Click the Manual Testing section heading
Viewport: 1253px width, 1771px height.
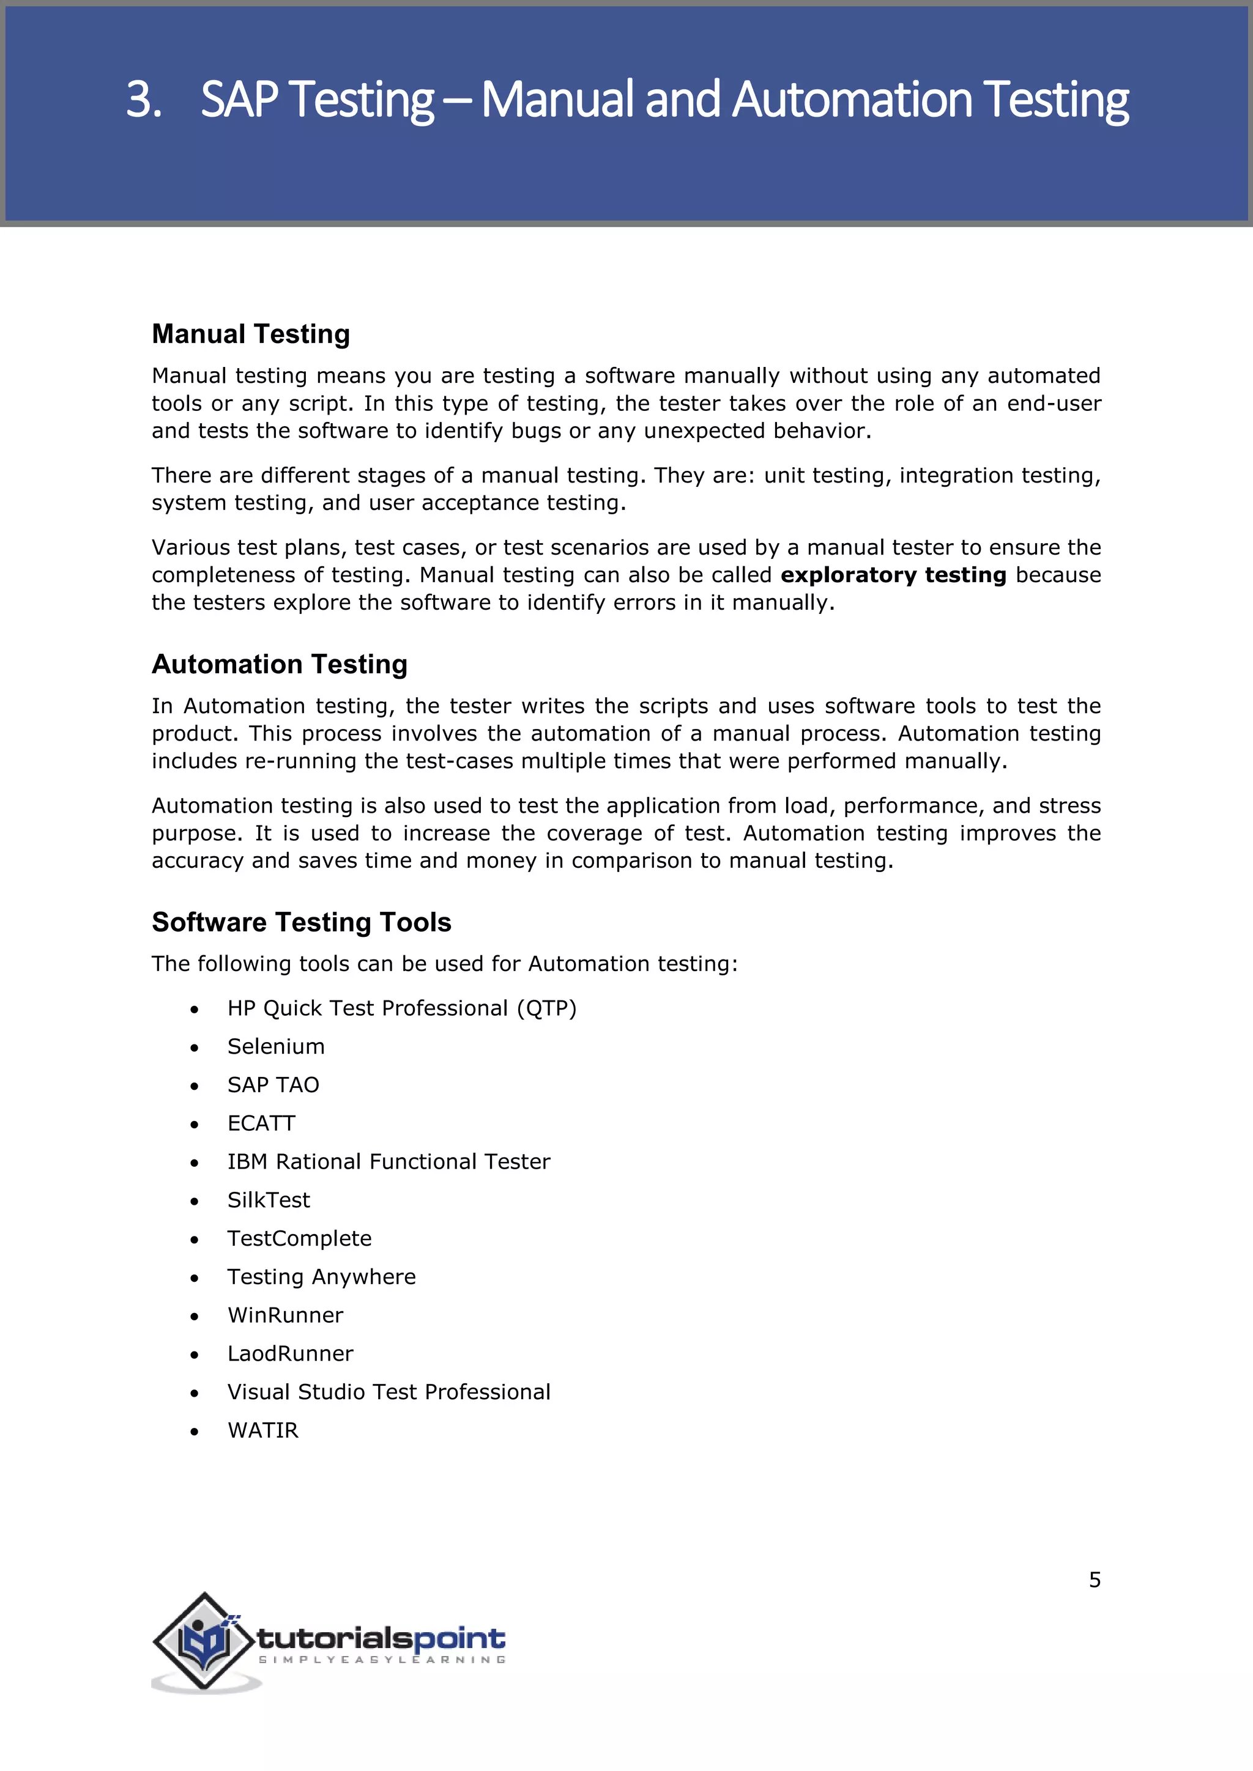(x=251, y=334)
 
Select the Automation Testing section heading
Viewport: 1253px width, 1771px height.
(x=280, y=664)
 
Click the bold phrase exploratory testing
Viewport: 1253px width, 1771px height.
(x=893, y=575)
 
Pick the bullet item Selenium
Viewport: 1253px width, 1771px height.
(x=275, y=1047)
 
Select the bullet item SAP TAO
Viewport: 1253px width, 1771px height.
(x=272, y=1085)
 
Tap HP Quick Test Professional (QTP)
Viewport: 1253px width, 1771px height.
(x=401, y=1008)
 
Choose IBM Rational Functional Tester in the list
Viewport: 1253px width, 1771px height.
(x=388, y=1162)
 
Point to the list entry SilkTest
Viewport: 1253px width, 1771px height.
(x=268, y=1200)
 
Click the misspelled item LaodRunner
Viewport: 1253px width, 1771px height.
(x=290, y=1354)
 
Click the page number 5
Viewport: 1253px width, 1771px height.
(x=1094, y=1580)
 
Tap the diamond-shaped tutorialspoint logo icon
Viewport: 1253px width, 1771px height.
(x=204, y=1641)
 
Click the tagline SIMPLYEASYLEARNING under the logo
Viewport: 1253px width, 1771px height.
(x=381, y=1659)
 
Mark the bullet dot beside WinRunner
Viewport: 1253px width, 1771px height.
(x=195, y=1317)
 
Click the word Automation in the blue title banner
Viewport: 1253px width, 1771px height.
(x=851, y=100)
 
